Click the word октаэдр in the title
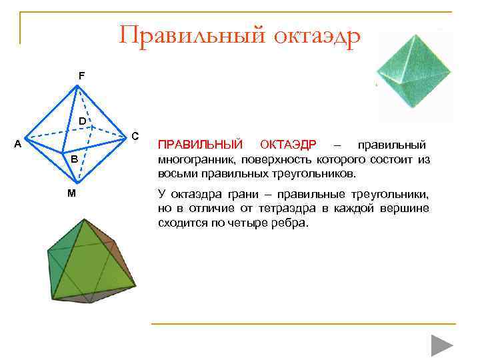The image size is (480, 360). [317, 35]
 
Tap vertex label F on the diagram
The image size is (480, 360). [81, 76]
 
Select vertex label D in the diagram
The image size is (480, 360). [81, 121]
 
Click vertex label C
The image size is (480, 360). [135, 136]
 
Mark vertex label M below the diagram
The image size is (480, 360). [71, 193]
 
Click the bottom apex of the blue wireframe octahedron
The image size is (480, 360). [79, 183]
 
